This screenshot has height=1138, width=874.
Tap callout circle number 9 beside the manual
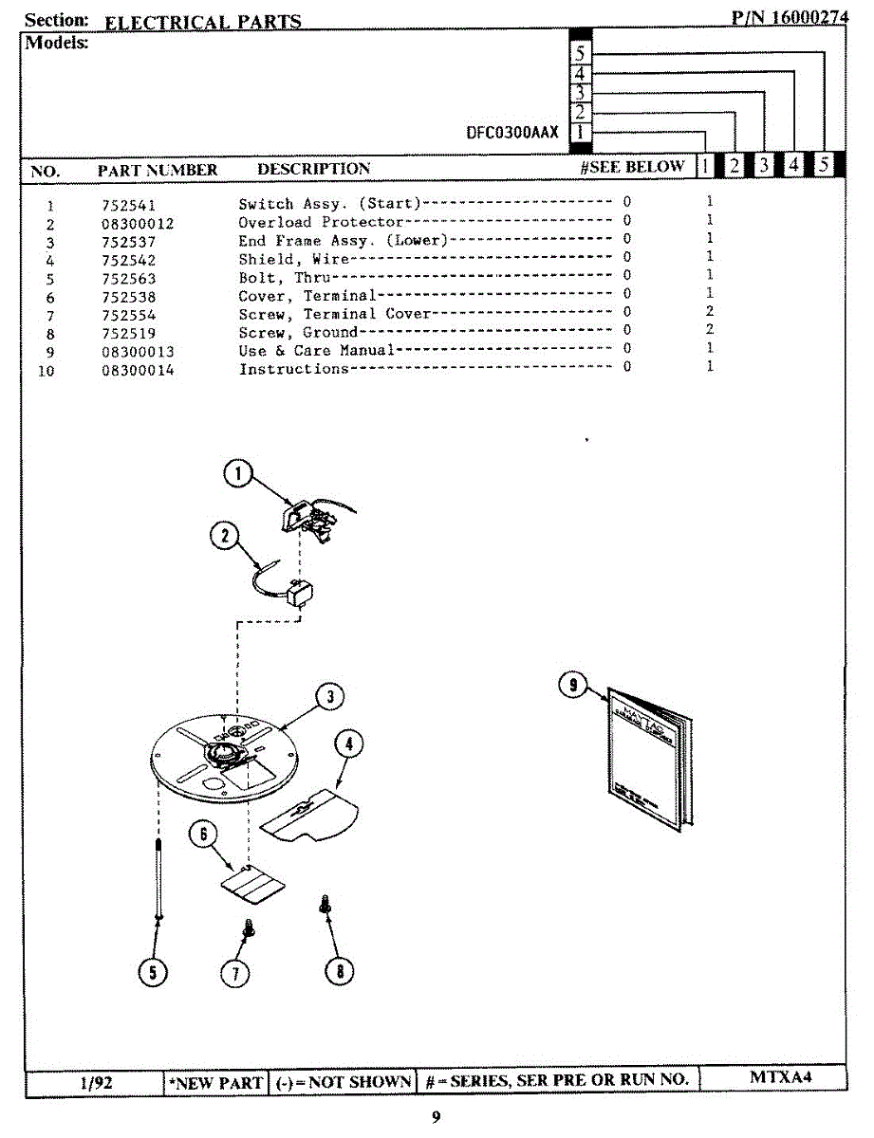point(572,685)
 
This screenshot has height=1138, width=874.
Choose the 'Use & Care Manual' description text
point(316,351)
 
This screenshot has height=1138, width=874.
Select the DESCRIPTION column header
point(314,169)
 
